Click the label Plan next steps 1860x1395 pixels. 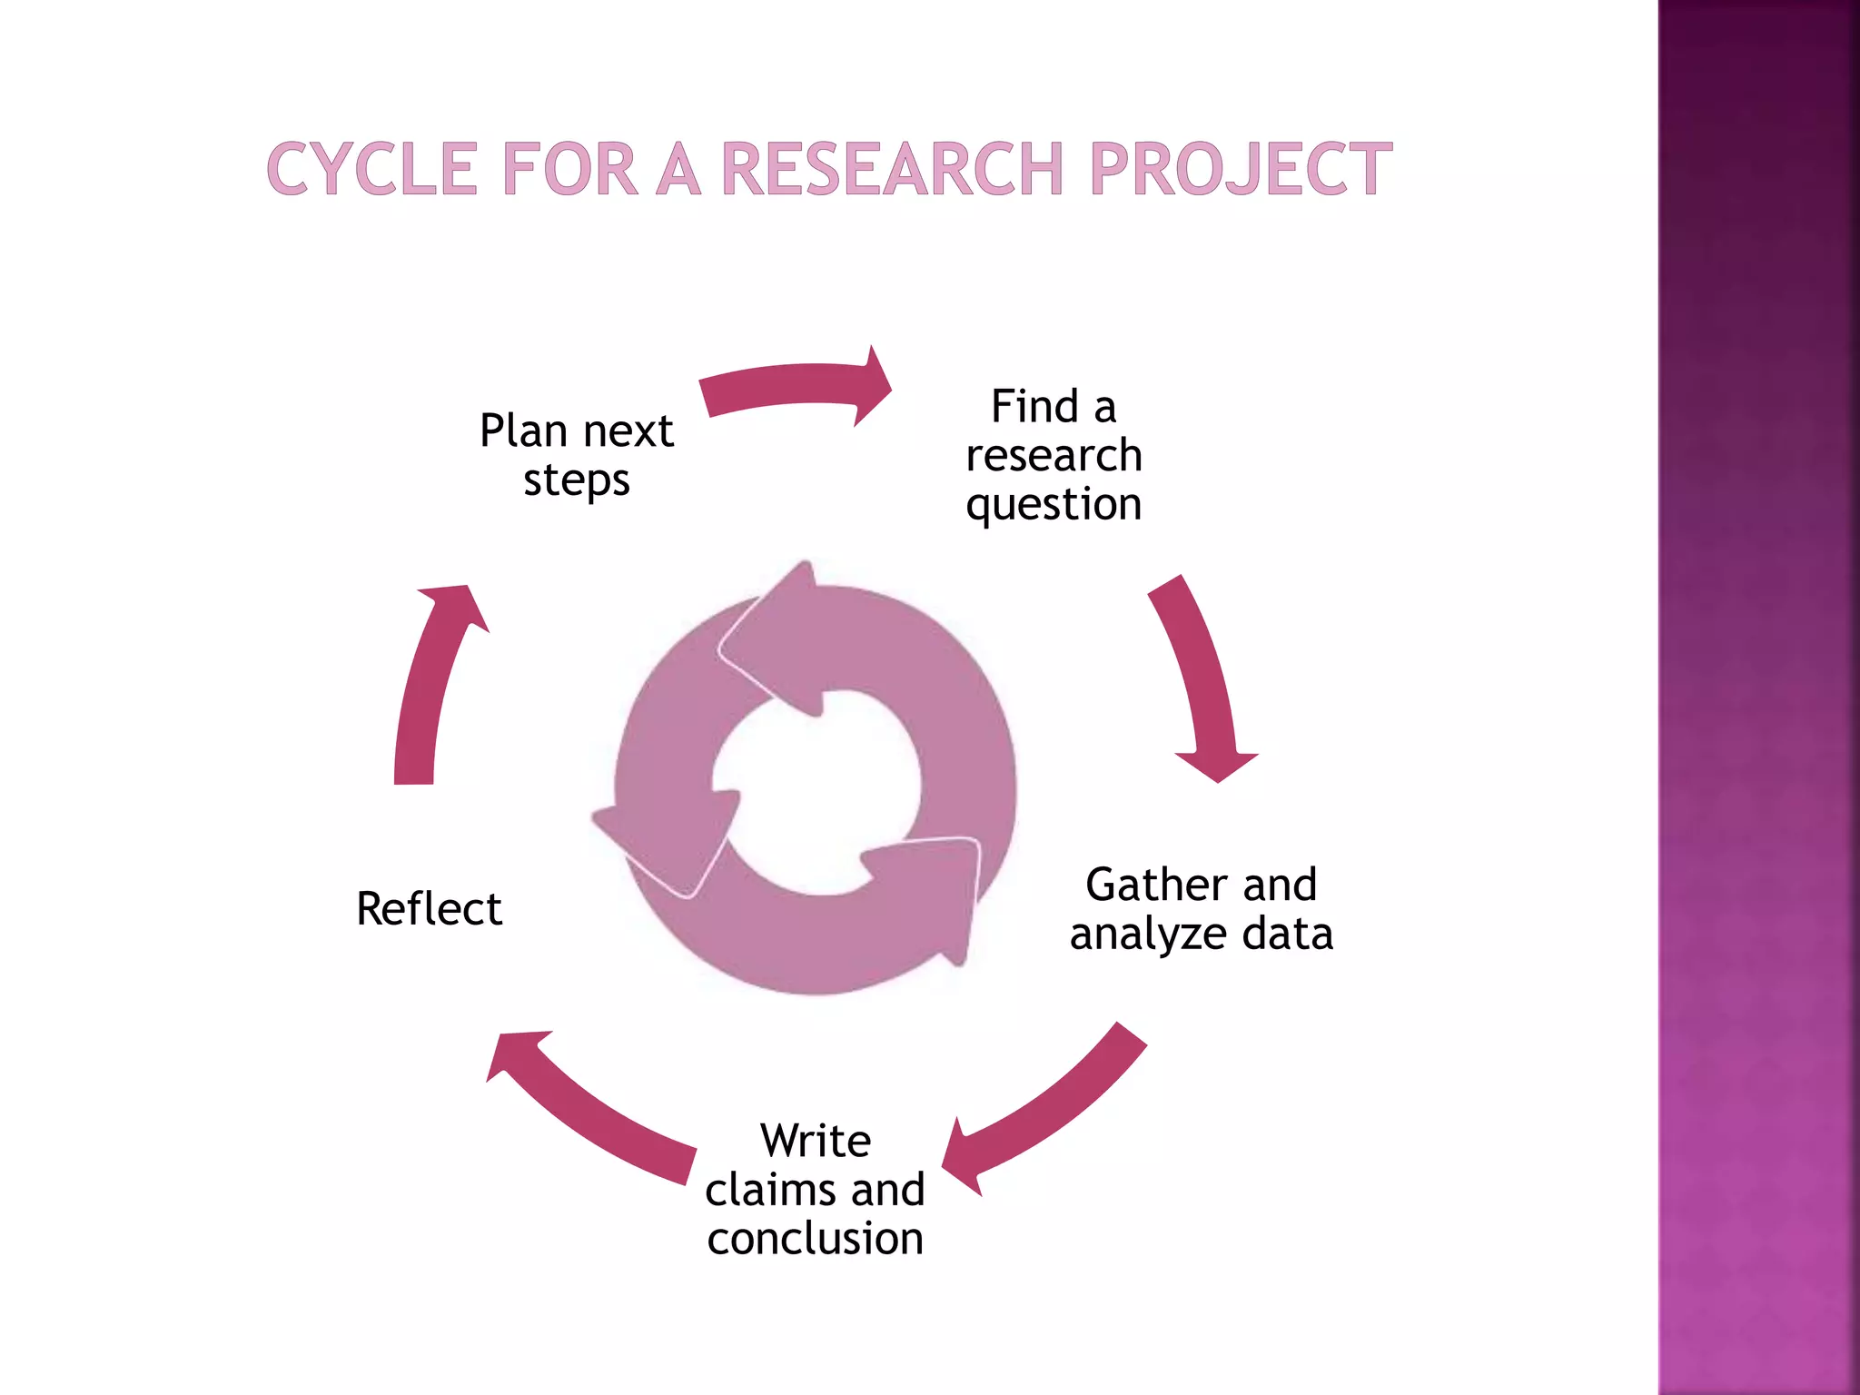[577, 454]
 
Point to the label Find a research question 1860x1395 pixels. [1054, 454]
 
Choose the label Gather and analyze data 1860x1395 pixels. [1201, 908]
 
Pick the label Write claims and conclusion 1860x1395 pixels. [815, 1189]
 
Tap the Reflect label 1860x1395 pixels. [429, 908]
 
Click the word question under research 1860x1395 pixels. [1054, 504]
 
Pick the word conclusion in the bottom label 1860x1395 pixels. [815, 1239]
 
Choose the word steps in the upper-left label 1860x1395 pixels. [577, 480]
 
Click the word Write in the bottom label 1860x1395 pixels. [816, 1141]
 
